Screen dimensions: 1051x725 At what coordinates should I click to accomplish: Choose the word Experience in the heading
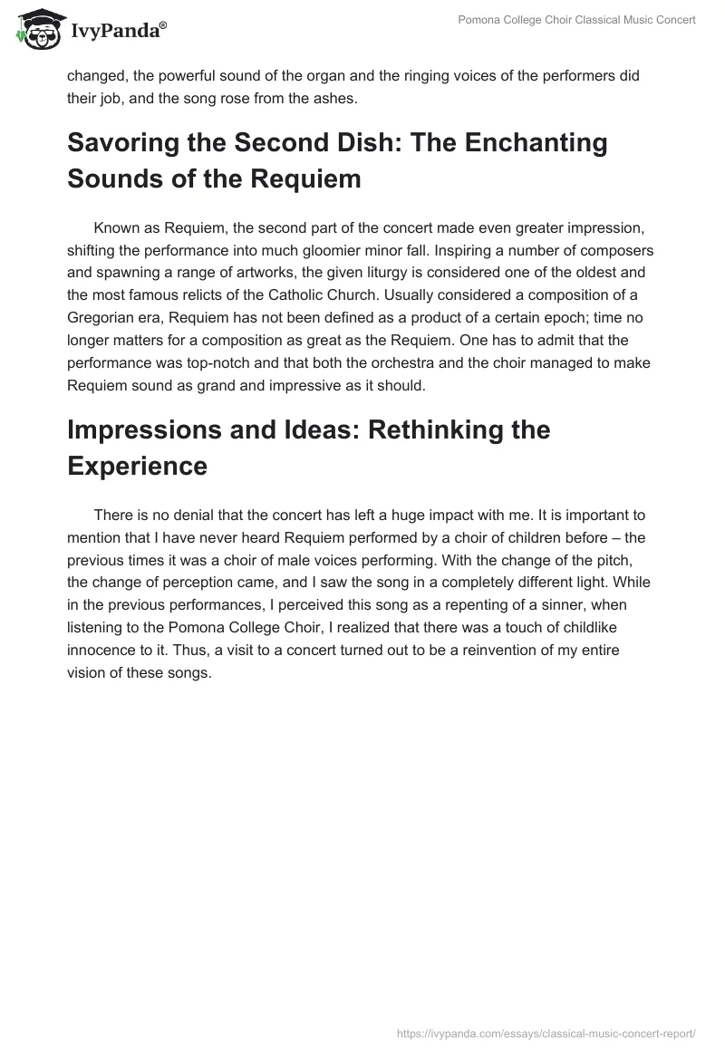coord(137,466)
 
